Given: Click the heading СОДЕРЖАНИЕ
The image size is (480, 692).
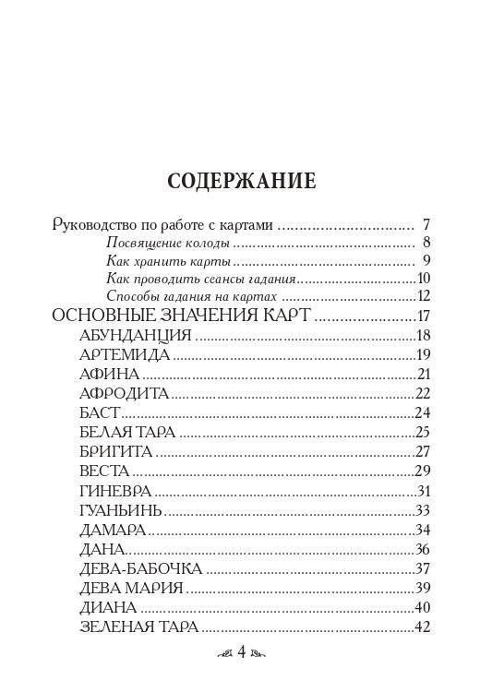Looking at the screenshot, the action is (241, 181).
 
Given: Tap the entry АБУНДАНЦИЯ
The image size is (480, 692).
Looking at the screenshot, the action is (136, 336).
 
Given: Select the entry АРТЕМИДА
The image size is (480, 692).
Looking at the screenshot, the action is (125, 355).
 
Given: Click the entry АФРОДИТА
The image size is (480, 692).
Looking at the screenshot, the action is (125, 394).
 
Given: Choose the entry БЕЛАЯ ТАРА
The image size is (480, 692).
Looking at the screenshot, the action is (127, 432).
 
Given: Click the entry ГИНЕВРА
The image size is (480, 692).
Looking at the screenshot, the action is (115, 491).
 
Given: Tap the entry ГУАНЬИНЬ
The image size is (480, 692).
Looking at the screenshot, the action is (121, 510).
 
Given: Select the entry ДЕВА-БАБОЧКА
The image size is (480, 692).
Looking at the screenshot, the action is (141, 568).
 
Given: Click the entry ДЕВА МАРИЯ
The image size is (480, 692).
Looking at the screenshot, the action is (132, 588).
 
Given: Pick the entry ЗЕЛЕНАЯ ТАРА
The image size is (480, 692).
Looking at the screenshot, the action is (139, 626).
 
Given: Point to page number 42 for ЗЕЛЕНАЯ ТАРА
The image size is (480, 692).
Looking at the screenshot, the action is (424, 626).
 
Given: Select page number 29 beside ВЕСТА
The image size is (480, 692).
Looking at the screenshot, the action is (424, 471).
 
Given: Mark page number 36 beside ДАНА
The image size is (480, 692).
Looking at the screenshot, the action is (424, 549).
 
